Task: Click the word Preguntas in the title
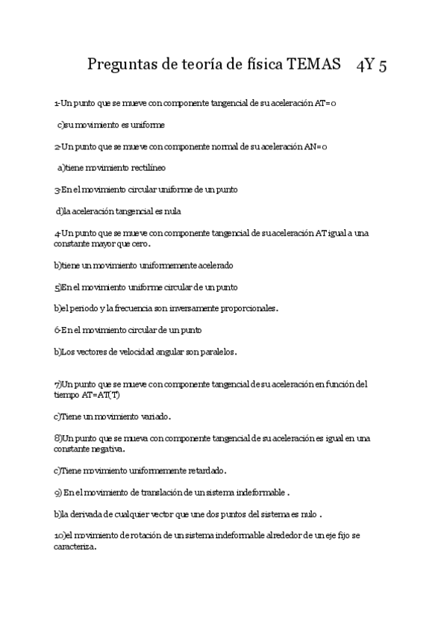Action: click(x=119, y=65)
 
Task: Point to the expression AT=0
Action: click(x=324, y=103)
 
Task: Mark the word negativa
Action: click(x=107, y=449)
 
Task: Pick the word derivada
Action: click(x=96, y=514)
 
